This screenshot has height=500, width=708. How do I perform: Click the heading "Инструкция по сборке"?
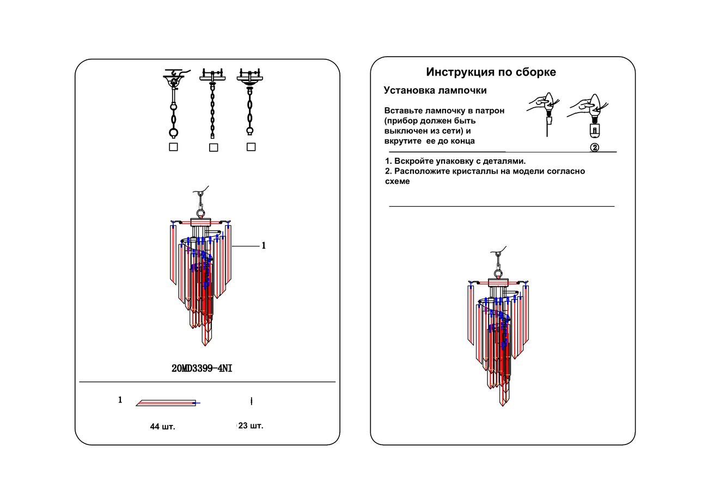[491, 72]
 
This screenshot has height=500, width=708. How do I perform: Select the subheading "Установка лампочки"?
[435, 90]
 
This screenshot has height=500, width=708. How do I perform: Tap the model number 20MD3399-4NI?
[202, 368]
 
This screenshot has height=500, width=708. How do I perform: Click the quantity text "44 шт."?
[162, 427]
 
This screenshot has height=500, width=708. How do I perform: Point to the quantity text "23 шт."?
[251, 426]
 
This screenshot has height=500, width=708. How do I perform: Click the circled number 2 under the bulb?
[595, 147]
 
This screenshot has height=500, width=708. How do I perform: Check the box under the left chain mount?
[173, 147]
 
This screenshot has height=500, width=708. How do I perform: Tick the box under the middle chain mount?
[213, 147]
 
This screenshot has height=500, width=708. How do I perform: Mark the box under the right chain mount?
[251, 147]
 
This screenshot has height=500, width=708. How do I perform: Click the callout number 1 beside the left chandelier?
[264, 246]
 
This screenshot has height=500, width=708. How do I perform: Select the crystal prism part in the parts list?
[167, 403]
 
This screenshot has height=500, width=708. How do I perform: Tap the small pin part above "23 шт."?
[251, 402]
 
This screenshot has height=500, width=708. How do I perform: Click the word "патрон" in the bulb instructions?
[490, 110]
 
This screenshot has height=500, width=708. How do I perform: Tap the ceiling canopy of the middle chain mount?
[212, 76]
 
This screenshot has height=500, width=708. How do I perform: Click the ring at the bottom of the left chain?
[173, 132]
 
